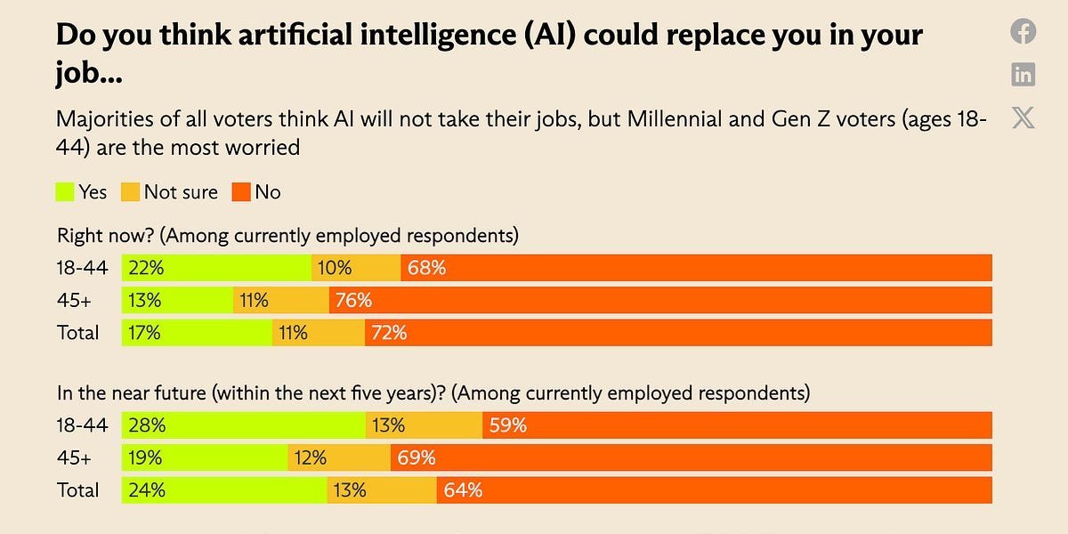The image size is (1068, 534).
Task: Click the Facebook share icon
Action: [1023, 32]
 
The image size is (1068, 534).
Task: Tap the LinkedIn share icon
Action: [1023, 75]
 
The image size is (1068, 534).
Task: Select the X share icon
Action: [1023, 117]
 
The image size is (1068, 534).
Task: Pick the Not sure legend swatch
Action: [131, 191]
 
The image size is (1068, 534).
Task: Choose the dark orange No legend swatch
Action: [241, 191]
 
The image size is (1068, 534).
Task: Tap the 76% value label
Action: [353, 300]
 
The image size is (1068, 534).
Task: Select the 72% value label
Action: [389, 333]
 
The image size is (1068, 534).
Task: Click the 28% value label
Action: [145, 425]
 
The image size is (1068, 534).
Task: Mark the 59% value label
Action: [507, 425]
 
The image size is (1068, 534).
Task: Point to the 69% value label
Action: [416, 458]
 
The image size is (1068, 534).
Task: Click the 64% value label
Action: [462, 490]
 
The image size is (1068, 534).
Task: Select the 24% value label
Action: [145, 490]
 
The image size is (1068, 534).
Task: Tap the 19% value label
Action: [144, 458]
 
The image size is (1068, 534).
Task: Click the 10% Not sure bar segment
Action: [356, 268]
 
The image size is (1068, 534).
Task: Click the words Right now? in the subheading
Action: [107, 236]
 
